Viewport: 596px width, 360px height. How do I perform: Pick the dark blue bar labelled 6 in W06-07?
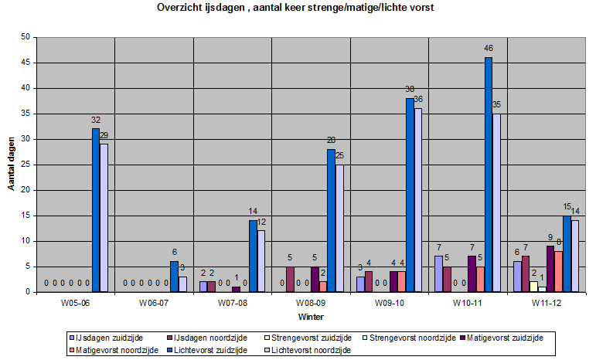tap(174, 277)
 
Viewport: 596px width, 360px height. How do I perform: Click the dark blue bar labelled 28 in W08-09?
tap(331, 220)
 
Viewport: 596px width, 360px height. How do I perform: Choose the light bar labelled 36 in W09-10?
tap(418, 200)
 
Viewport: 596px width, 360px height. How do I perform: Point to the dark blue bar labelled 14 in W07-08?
tap(253, 256)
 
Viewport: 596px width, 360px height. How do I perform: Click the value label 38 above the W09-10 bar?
tap(409, 88)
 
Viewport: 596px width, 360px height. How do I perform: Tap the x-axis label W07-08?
tap(232, 303)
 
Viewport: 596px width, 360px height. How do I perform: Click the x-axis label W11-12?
tap(546, 303)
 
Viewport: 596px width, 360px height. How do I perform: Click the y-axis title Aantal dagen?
tap(12, 165)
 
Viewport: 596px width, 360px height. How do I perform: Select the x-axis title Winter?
tap(311, 317)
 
